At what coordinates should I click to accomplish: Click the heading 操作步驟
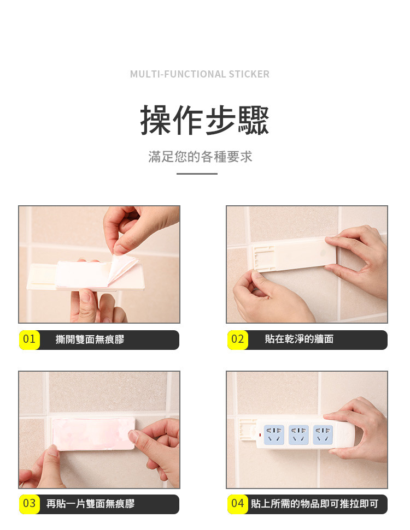[x=204, y=120]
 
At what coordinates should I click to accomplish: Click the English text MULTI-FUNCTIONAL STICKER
[x=200, y=74]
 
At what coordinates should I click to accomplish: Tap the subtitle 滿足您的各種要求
[x=200, y=157]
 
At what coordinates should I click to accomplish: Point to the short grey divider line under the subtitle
[x=197, y=174]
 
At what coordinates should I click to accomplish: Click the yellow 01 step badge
[x=30, y=340]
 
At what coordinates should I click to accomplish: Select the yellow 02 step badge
[x=238, y=340]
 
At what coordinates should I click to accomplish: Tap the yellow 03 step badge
[x=30, y=504]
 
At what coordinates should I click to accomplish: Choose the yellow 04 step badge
[x=238, y=504]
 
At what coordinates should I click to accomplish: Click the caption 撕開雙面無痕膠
[x=90, y=340]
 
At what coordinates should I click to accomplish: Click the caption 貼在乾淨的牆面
[x=299, y=339]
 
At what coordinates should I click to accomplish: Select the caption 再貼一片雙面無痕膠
[x=90, y=504]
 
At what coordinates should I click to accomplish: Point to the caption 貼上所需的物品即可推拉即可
[x=314, y=504]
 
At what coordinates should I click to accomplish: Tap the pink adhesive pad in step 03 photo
[x=92, y=434]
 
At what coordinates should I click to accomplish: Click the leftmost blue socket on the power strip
[x=274, y=434]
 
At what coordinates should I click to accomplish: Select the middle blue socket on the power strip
[x=298, y=434]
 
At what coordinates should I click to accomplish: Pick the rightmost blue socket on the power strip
[x=323, y=434]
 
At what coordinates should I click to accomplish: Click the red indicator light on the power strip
[x=260, y=434]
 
